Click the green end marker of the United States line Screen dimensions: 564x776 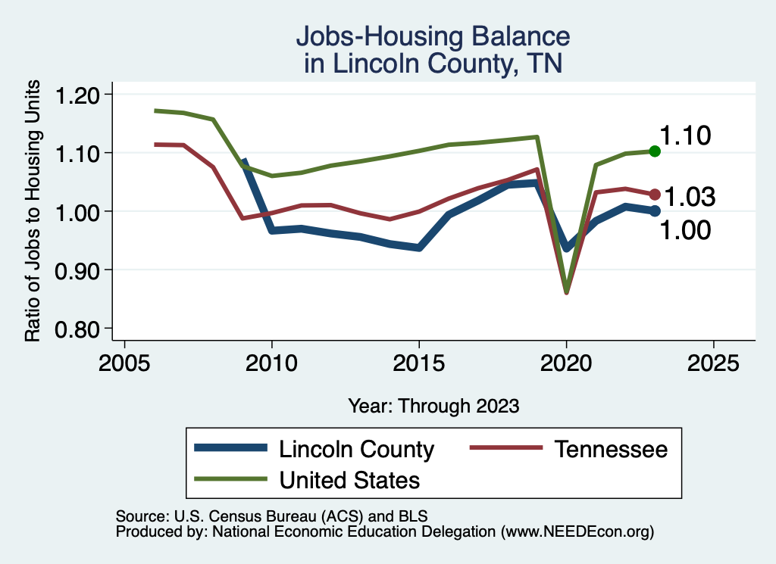pyautogui.click(x=655, y=151)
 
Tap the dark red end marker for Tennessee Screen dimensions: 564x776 pyautogui.click(x=655, y=194)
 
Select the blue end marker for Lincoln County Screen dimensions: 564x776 pyautogui.click(x=655, y=210)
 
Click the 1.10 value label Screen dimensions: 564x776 pyautogui.click(x=684, y=136)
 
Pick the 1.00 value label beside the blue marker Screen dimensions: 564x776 pyautogui.click(x=685, y=230)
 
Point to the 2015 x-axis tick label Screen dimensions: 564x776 pyautogui.click(x=419, y=362)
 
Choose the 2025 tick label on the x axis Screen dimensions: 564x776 pyautogui.click(x=713, y=362)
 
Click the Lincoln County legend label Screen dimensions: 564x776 pyautogui.click(x=356, y=449)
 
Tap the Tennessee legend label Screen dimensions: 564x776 pyautogui.click(x=611, y=449)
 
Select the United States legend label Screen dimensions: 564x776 pyautogui.click(x=349, y=479)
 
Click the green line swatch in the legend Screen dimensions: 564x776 pyautogui.click(x=230, y=478)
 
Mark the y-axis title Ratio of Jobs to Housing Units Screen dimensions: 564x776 pyautogui.click(x=33, y=211)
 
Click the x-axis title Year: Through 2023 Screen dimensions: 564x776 pyautogui.click(x=433, y=406)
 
